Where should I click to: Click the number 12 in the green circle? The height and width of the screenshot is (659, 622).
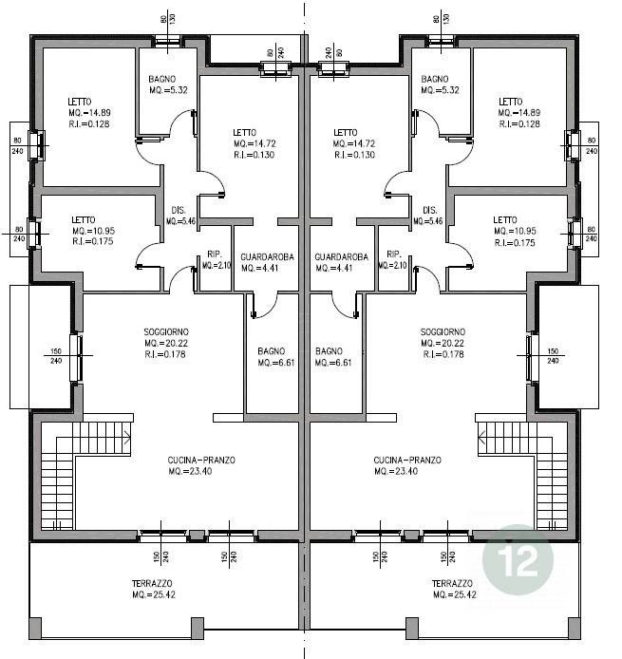click(x=518, y=560)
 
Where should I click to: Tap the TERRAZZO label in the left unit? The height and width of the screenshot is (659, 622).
click(x=152, y=583)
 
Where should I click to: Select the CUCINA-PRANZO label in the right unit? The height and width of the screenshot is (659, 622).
click(x=407, y=460)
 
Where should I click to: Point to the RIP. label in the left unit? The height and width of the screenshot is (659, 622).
click(x=215, y=254)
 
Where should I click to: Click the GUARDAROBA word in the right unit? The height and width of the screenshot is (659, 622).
click(x=341, y=256)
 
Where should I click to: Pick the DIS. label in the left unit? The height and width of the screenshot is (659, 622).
click(x=179, y=210)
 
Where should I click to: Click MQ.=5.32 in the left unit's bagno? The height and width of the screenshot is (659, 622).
click(x=168, y=90)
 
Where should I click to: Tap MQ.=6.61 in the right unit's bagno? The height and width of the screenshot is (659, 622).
click(x=333, y=363)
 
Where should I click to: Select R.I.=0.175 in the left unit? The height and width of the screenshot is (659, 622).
click(x=93, y=241)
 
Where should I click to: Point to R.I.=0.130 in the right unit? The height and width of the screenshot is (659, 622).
click(x=355, y=155)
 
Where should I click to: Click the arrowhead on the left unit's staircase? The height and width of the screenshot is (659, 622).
click(x=127, y=437)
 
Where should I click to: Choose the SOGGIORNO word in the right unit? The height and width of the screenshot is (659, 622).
click(x=443, y=331)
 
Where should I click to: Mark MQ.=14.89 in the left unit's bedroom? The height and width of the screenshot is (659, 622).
click(x=89, y=113)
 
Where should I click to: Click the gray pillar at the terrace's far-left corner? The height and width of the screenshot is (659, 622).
click(x=35, y=629)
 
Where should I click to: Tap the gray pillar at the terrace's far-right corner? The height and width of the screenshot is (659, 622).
click(x=575, y=629)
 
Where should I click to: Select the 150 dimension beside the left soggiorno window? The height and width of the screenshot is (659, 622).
click(x=56, y=351)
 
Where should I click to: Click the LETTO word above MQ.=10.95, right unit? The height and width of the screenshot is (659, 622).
click(x=505, y=219)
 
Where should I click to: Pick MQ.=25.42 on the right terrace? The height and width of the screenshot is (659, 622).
click(x=455, y=594)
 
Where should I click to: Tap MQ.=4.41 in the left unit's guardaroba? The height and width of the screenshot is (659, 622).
click(x=260, y=268)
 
